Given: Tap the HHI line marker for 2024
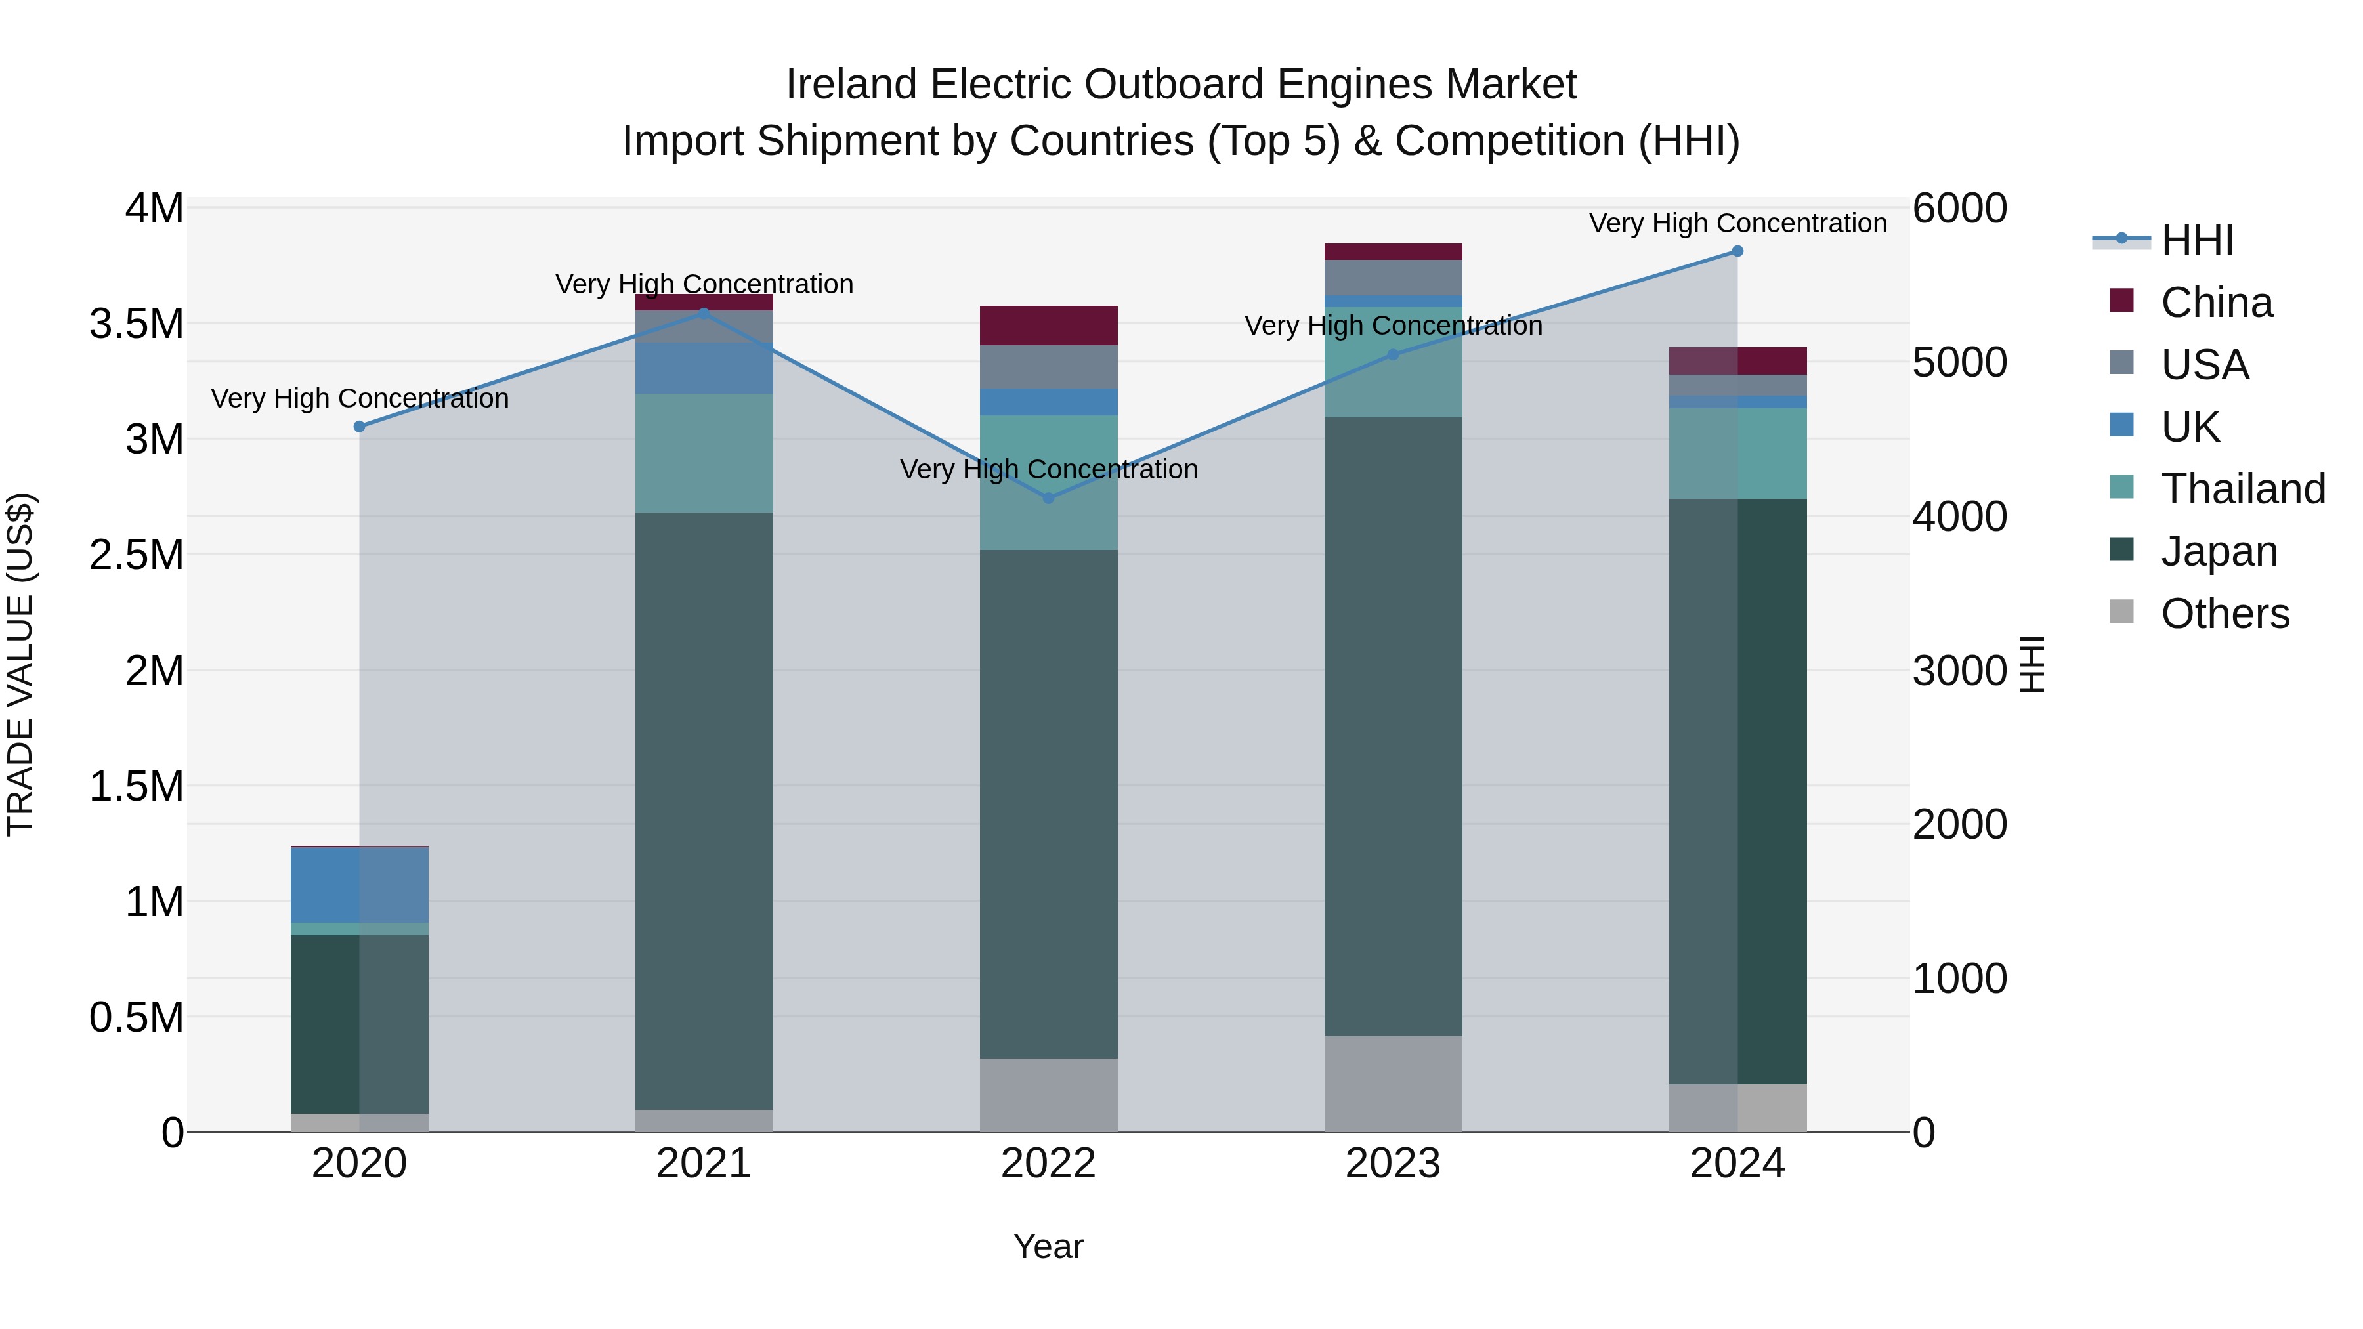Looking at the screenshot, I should (1737, 251).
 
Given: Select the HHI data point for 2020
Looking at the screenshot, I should (360, 427).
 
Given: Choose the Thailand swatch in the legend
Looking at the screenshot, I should (2121, 487).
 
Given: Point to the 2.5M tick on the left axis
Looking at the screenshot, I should (136, 555).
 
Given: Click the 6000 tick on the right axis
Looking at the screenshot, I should (1959, 208).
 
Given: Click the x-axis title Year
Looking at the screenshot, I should (1048, 1246).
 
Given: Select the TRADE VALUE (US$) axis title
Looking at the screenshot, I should (21, 664).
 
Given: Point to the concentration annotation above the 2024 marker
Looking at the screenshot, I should (1737, 223).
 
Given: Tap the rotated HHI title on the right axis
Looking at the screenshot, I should (2033, 664).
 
